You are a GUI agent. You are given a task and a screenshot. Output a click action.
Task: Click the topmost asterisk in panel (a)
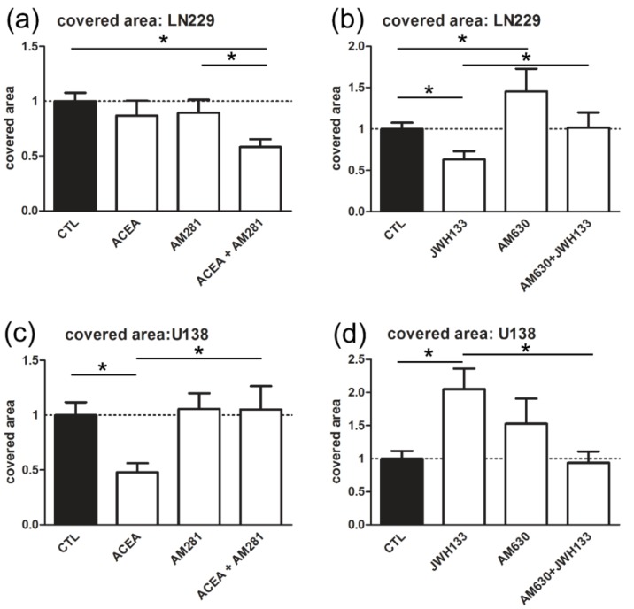[164, 38]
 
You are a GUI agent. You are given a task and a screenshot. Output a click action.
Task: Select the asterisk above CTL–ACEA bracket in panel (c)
[104, 366]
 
